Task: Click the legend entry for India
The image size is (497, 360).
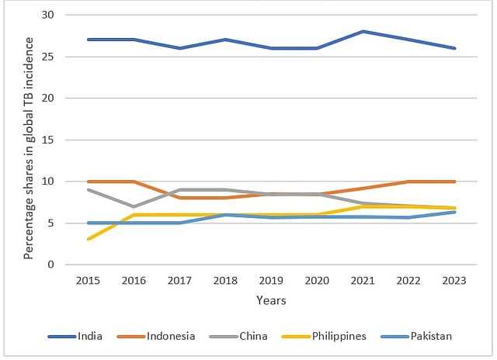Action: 89,336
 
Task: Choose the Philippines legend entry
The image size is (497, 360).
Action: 339,336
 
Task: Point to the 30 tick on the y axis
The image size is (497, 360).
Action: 48,16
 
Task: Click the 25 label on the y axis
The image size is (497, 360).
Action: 48,57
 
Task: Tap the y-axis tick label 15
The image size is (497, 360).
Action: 48,140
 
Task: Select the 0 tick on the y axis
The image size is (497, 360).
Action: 51,265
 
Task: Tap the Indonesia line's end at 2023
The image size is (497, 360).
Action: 455,182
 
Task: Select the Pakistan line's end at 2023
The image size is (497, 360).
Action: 455,212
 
